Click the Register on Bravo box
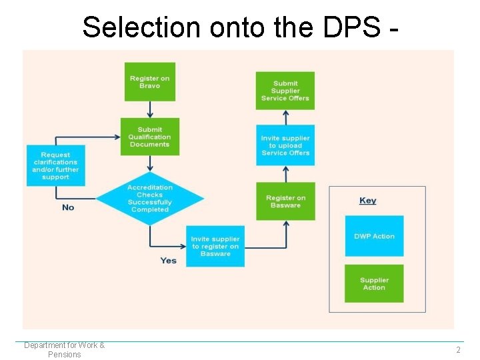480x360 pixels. [x=149, y=82]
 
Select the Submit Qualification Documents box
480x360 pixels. [x=149, y=137]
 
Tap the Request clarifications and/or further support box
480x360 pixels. [x=55, y=165]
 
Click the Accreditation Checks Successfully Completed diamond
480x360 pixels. [x=149, y=199]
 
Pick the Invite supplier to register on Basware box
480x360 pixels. [x=215, y=247]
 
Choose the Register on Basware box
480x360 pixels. [x=285, y=201]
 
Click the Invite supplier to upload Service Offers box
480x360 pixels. [x=285, y=145]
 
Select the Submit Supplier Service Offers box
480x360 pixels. [x=285, y=91]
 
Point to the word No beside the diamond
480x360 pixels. [x=68, y=207]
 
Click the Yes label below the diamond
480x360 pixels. [x=168, y=260]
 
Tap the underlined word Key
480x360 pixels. [x=367, y=201]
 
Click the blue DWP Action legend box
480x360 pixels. [x=374, y=236]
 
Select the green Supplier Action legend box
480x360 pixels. [x=374, y=283]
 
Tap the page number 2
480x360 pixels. [x=458, y=350]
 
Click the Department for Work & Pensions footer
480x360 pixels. [x=65, y=349]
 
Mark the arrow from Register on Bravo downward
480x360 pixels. [x=149, y=109]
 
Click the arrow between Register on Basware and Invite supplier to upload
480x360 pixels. [x=285, y=175]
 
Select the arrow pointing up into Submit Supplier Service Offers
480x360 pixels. [x=285, y=117]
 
